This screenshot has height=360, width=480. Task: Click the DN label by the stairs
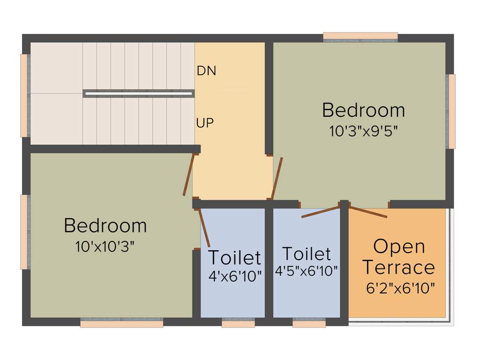(x=206, y=71)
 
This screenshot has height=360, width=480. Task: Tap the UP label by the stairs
(x=205, y=123)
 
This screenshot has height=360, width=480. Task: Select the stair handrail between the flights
(x=138, y=93)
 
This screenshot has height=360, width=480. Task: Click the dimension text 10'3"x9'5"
(x=364, y=131)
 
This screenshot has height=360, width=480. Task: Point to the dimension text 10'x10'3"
(x=105, y=247)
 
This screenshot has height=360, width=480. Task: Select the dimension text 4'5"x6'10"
(x=307, y=271)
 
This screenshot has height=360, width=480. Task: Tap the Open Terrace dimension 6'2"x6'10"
(x=400, y=288)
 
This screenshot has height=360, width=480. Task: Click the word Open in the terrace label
(x=399, y=247)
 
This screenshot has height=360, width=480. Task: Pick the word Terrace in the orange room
(x=399, y=268)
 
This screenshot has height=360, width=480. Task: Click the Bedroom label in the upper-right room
(x=363, y=110)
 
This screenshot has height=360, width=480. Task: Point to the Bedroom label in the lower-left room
(x=105, y=225)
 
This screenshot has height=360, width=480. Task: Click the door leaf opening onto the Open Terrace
(x=368, y=212)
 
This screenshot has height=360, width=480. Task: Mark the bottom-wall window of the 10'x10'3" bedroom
(x=121, y=323)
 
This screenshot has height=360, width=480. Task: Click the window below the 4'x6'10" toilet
(x=238, y=323)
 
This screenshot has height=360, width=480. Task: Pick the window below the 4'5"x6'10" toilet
(x=309, y=323)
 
